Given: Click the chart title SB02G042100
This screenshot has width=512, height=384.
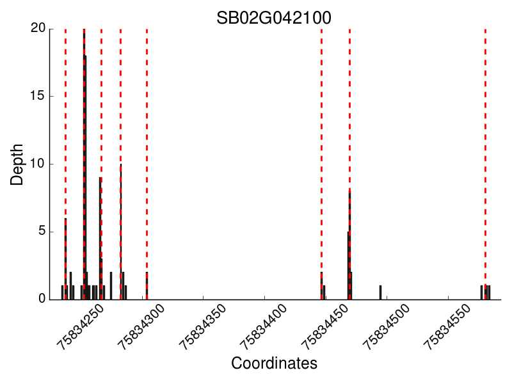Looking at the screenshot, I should click(x=274, y=17).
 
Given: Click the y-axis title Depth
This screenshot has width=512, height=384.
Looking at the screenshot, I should click(x=17, y=164).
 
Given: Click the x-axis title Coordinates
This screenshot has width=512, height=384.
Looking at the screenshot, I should click(x=274, y=364).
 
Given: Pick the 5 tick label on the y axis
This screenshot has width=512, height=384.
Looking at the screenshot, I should click(x=42, y=231).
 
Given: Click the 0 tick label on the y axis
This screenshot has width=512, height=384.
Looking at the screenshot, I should click(x=42, y=299).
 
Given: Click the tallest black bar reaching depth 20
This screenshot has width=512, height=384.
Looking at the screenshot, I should click(x=84, y=160).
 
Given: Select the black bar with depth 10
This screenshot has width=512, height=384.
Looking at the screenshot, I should click(x=120, y=230).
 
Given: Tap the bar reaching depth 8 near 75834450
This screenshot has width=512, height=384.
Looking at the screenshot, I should click(x=349, y=243).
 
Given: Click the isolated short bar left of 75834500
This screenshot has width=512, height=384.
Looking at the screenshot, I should click(x=380, y=292).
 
